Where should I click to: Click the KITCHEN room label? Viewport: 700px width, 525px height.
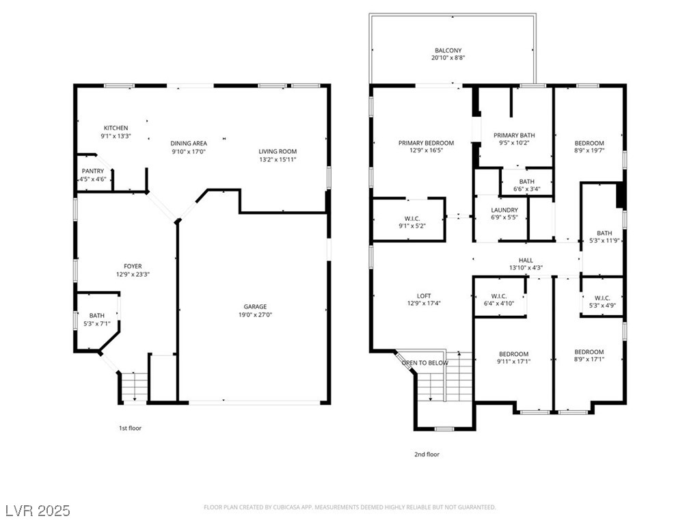point(116,128)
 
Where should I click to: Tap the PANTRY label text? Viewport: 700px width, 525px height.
point(92,171)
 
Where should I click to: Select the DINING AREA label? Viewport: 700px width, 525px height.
point(189,143)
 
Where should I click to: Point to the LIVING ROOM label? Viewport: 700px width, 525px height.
point(277,151)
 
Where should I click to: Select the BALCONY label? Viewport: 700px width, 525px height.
point(448,51)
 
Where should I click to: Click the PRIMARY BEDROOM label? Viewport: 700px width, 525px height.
point(426,143)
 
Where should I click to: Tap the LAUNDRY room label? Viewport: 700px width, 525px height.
point(504,210)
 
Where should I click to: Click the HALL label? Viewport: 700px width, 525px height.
point(525,260)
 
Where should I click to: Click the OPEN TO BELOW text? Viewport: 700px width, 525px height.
point(425,363)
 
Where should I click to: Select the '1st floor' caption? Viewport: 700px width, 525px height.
point(130,428)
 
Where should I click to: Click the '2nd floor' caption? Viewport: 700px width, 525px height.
point(427,454)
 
